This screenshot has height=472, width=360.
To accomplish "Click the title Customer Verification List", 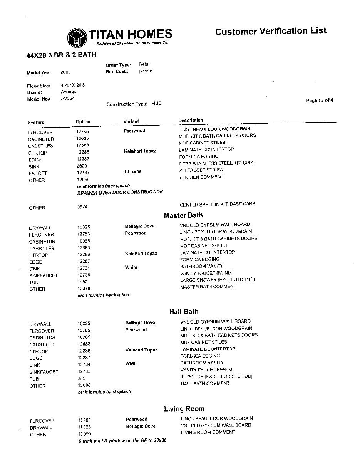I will (x=271, y=31).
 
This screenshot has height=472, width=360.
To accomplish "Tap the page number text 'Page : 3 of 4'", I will (x=319, y=101).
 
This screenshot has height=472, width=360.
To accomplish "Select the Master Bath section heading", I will (x=183, y=215).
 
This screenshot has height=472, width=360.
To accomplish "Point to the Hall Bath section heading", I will (x=184, y=312).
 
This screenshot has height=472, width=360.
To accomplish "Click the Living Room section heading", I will (x=184, y=409).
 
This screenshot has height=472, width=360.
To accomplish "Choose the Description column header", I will (x=190, y=121).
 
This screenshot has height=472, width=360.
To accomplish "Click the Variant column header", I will (x=131, y=121).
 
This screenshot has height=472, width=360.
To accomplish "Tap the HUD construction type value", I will (x=157, y=104).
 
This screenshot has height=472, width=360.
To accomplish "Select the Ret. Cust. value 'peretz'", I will (x=145, y=71).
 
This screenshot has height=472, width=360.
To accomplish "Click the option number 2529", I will (x=82, y=166).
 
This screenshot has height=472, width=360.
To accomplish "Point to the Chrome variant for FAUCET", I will (x=133, y=171).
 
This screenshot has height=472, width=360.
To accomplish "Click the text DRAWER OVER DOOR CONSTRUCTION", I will (x=120, y=192).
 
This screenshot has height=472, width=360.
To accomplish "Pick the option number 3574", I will (x=82, y=207).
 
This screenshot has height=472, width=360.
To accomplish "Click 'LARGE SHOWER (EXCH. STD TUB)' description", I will (x=218, y=280).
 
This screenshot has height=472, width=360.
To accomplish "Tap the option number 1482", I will (x=83, y=282).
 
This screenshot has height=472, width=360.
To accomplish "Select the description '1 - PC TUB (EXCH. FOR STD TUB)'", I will (x=216, y=376).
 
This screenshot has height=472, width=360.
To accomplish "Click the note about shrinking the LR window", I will (x=122, y=440).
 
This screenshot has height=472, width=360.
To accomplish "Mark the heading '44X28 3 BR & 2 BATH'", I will (x=61, y=55).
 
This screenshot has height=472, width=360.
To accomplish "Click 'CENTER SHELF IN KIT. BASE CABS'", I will (x=217, y=204).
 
